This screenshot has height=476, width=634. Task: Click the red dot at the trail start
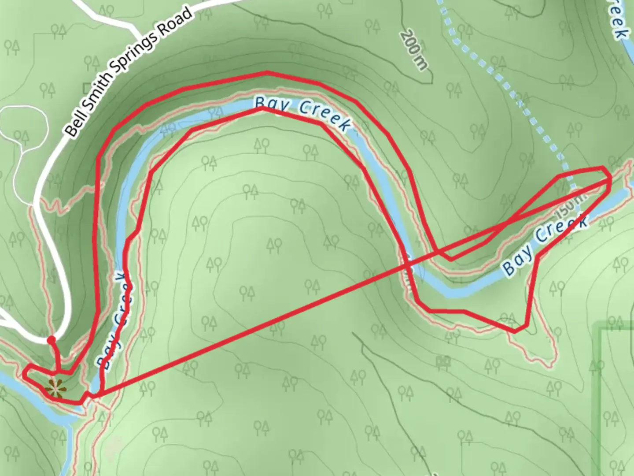[51, 340]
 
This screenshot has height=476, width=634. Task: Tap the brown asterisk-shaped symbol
[55, 389]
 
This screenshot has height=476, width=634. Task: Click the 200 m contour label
[414, 51]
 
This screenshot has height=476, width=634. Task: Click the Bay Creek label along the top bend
[304, 114]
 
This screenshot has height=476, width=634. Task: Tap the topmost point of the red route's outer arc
[266, 72]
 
